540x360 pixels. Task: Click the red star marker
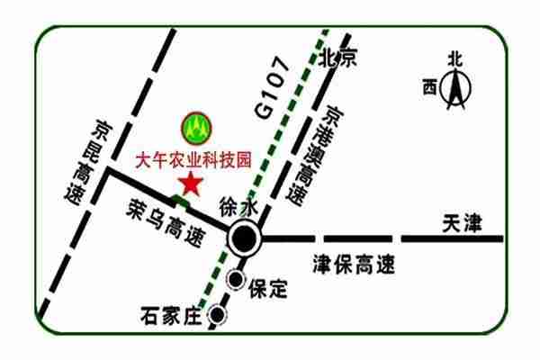[190, 184]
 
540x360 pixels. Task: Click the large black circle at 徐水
[244, 239]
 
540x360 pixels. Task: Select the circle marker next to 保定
[236, 280]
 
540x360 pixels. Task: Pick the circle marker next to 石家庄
[217, 315]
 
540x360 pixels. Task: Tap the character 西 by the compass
[429, 87]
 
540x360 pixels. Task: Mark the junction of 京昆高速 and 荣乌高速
[110, 169]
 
